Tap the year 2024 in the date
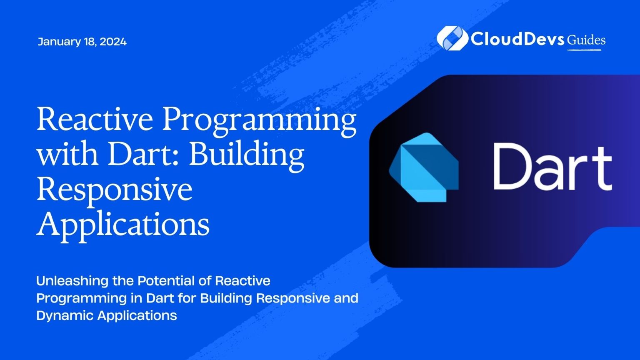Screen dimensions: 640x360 click(x=113, y=42)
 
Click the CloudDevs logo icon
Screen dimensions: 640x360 click(x=452, y=38)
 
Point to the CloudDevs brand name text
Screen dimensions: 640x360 click(x=517, y=39)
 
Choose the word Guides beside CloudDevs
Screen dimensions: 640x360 click(x=586, y=40)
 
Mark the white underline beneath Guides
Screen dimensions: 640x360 click(x=584, y=50)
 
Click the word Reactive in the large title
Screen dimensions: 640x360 click(x=95, y=118)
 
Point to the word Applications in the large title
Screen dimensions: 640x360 click(x=123, y=227)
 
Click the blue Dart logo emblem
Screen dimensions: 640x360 click(x=424, y=167)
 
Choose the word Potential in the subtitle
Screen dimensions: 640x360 click(x=166, y=281)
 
